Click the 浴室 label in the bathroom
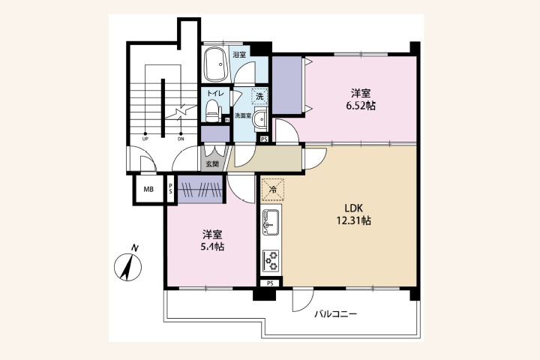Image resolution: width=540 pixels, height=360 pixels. click(x=239, y=55)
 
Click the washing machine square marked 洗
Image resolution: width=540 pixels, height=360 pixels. click(x=259, y=96)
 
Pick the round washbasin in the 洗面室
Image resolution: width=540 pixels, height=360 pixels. click(x=259, y=118)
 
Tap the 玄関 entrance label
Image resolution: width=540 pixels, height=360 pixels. click(x=211, y=164)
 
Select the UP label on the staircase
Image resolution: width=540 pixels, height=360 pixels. click(x=145, y=139)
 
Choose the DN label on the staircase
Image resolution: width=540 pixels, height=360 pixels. click(x=181, y=139)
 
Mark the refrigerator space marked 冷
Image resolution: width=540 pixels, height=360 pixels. click(x=272, y=190)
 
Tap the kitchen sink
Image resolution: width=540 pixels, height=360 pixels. click(x=271, y=222)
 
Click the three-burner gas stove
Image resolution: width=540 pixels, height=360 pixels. click(x=271, y=260)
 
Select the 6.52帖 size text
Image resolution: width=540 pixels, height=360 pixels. click(x=361, y=106)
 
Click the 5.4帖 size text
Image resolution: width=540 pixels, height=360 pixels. click(x=211, y=247)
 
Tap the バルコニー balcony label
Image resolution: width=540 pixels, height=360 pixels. click(x=335, y=313)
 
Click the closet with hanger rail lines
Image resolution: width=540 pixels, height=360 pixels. click(x=200, y=190)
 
